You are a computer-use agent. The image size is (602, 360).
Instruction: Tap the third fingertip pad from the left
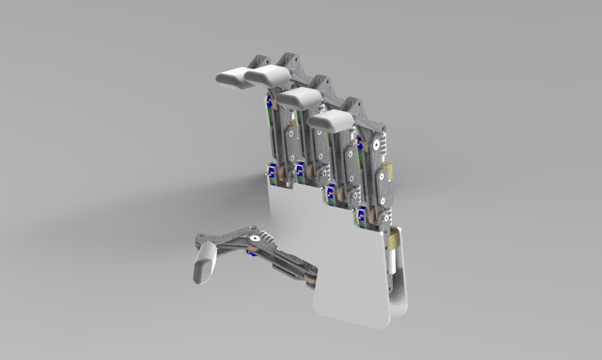[299, 98]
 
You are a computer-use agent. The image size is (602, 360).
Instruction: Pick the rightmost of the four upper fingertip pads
[330, 121]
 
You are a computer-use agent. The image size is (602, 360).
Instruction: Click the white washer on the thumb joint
[255, 238]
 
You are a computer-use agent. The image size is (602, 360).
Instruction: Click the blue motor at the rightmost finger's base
[362, 215]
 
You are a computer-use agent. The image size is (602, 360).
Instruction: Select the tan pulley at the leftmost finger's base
[282, 172]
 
